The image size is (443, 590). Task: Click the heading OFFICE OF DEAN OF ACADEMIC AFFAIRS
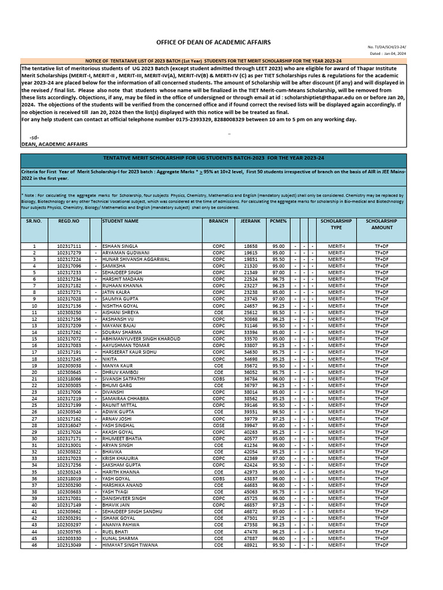[213, 43]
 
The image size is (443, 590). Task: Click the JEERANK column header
[252, 221]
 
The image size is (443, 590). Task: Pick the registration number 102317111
[69, 246]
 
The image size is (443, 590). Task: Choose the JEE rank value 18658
[251, 246]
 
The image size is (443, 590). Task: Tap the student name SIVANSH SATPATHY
[124, 379]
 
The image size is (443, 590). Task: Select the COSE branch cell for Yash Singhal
[219, 425]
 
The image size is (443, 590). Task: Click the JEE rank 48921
[251, 544]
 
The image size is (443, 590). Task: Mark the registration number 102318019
[69, 478]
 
